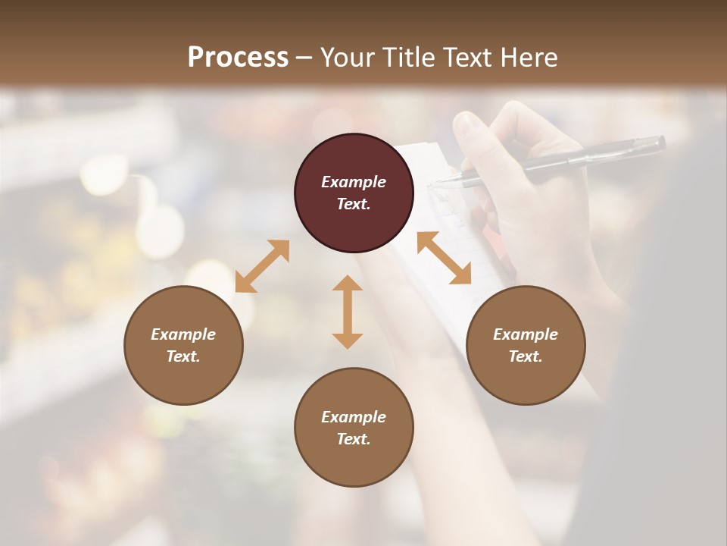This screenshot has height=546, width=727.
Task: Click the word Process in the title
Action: point(238,58)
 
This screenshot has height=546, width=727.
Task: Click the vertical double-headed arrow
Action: point(348,312)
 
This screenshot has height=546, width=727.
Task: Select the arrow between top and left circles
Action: point(262,266)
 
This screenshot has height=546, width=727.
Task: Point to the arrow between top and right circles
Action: point(444,258)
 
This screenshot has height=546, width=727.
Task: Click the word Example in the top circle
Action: point(354,182)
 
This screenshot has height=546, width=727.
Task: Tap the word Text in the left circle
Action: point(183,356)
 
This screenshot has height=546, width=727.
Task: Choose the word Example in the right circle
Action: point(526,334)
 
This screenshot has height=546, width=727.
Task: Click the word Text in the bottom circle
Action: point(354,439)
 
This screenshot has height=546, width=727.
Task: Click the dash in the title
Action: point(304,58)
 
